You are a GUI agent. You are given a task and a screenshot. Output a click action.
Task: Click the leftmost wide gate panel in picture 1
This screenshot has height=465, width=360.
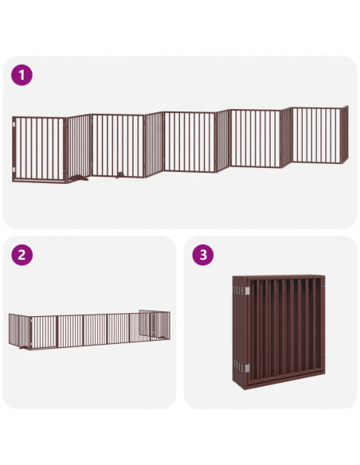40,148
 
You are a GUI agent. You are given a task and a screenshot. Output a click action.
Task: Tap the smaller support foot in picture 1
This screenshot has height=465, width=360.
119,173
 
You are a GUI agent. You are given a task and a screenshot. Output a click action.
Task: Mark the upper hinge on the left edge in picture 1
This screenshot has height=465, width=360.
15,125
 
